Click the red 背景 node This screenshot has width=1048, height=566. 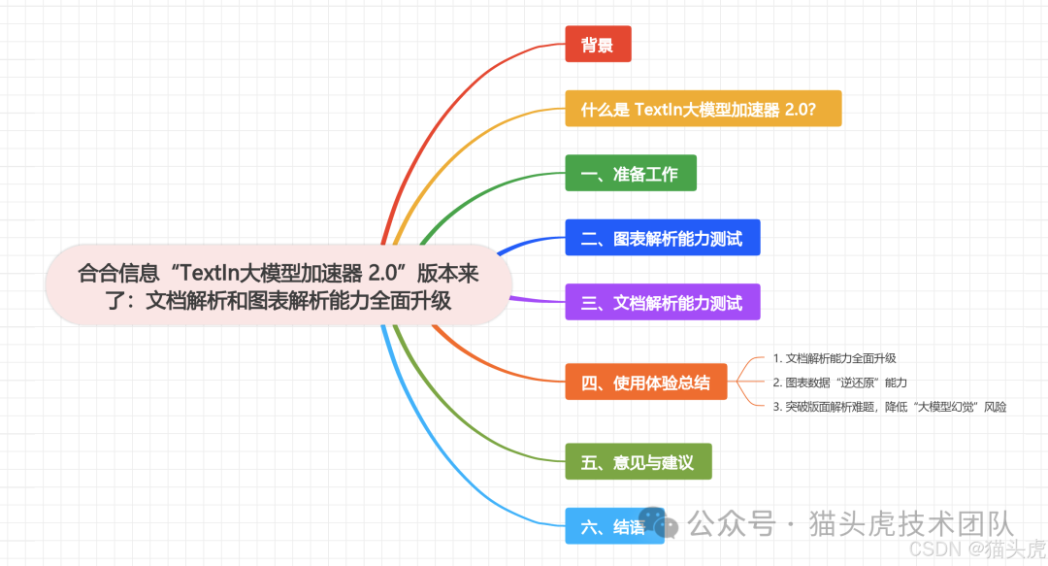coord(598,45)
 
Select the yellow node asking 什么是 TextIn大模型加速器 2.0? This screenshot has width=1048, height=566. coord(703,109)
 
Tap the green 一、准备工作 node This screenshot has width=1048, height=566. coord(631,175)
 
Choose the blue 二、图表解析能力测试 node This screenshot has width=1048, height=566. coord(662,238)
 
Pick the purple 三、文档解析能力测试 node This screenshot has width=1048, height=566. coord(662,302)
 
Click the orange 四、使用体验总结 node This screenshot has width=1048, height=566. coord(646,382)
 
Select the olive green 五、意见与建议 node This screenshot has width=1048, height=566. coord(638,462)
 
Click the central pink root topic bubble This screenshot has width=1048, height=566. coord(278,284)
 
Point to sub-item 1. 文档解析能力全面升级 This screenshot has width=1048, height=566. coord(835,358)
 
